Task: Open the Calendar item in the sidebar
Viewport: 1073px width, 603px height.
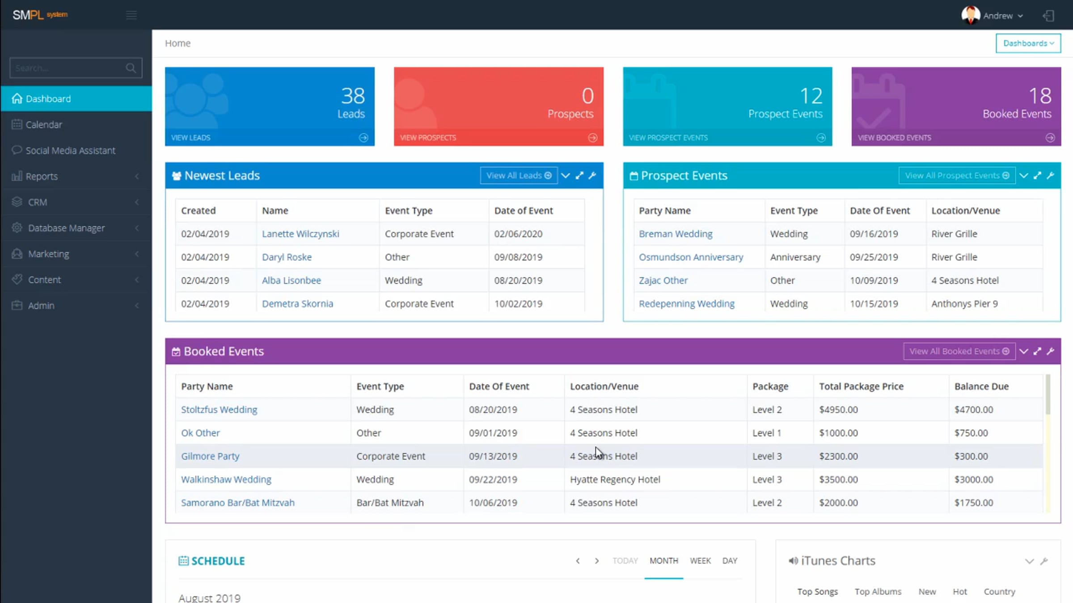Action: [44, 125]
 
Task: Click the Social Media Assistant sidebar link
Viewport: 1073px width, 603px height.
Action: [70, 151]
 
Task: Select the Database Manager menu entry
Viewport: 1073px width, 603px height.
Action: [66, 228]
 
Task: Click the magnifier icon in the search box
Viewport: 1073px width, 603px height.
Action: [131, 68]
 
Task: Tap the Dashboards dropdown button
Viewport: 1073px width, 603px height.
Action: [1028, 43]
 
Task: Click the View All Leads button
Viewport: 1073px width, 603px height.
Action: [519, 176]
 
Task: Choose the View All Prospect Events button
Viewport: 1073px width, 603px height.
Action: [957, 176]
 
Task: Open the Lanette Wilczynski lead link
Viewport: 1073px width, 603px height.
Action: [300, 234]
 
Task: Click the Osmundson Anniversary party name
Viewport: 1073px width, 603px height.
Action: [691, 257]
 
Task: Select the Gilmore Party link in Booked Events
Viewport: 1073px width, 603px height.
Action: [210, 456]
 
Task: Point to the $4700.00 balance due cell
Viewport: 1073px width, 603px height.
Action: [973, 410]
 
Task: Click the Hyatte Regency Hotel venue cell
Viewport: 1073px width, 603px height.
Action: [615, 479]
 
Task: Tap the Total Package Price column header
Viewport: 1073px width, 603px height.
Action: [861, 386]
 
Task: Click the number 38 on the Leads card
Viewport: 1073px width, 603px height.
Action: [353, 96]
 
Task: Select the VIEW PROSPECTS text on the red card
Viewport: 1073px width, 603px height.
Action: [428, 138]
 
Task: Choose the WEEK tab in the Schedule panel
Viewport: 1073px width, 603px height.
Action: [700, 561]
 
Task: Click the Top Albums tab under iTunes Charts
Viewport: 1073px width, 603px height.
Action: [878, 591]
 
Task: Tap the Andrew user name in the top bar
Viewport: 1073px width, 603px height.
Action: [997, 16]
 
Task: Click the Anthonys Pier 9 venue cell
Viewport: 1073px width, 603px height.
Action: [964, 304]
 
